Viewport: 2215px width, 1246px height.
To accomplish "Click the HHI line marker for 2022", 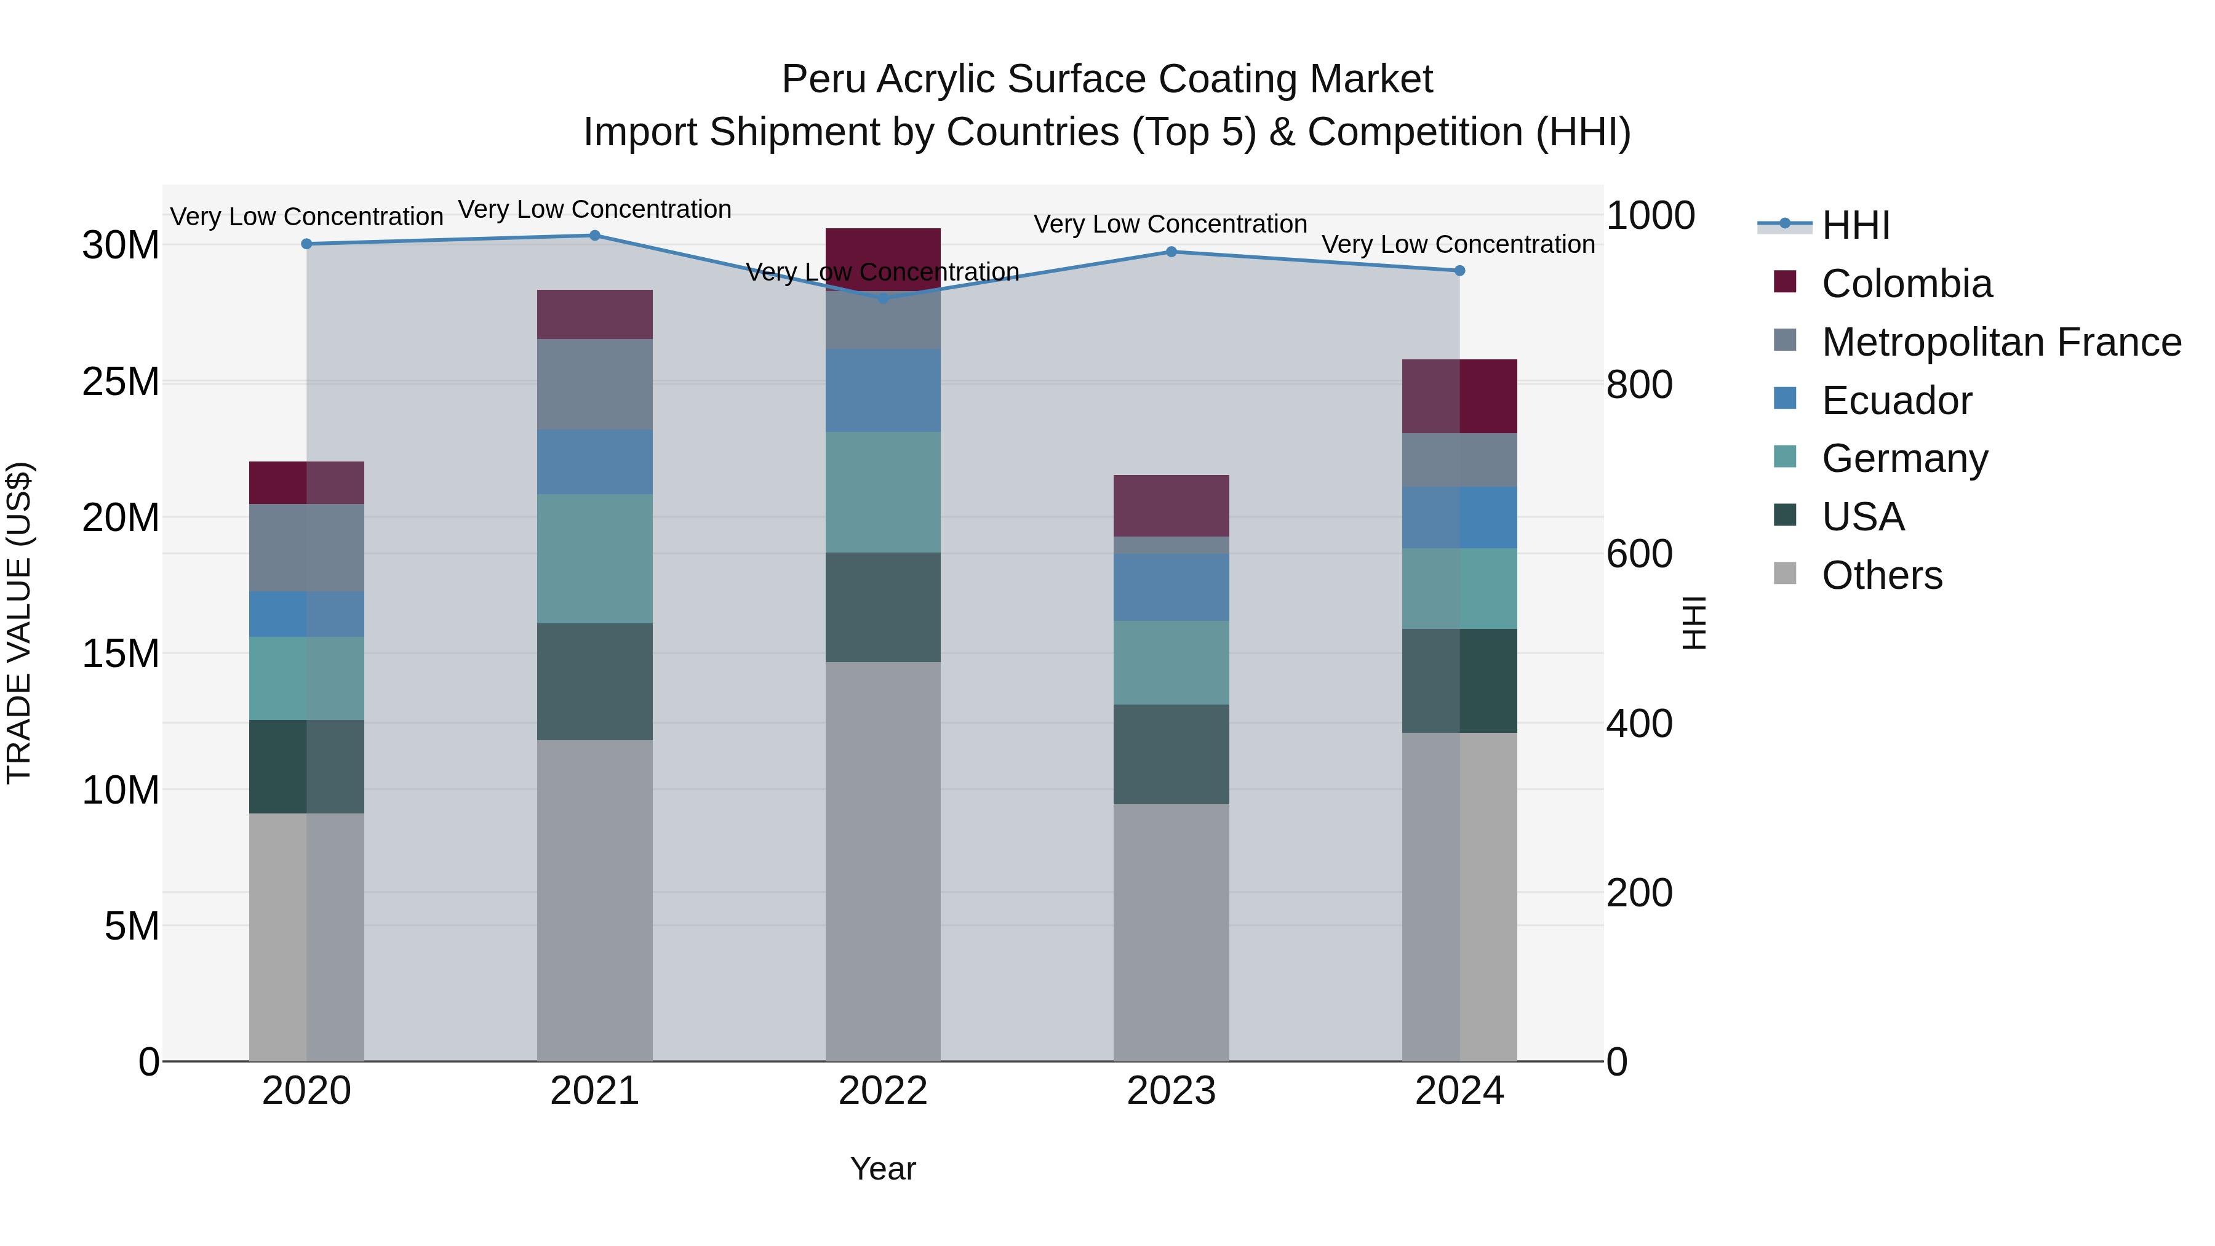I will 883,298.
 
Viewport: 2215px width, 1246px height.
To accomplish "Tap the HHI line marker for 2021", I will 594,236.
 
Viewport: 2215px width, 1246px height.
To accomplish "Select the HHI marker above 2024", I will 1459,271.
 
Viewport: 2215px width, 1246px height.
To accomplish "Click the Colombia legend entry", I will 1906,284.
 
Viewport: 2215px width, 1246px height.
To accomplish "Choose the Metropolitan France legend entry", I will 2001,342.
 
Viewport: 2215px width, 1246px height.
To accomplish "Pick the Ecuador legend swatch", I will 1785,399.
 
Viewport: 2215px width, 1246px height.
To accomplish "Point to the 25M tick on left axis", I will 121,381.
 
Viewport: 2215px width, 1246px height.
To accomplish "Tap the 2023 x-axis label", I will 1171,1091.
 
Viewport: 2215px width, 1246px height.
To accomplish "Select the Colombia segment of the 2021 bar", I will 594,314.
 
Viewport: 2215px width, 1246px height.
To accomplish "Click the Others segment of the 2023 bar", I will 1171,932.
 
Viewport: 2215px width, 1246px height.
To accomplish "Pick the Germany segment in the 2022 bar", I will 883,492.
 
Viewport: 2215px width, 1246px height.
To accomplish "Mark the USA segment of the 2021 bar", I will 594,681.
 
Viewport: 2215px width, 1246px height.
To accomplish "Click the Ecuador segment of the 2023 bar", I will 1171,588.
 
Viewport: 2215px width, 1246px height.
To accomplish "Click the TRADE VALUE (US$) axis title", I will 19,623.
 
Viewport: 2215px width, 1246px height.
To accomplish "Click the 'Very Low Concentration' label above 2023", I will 1170,225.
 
